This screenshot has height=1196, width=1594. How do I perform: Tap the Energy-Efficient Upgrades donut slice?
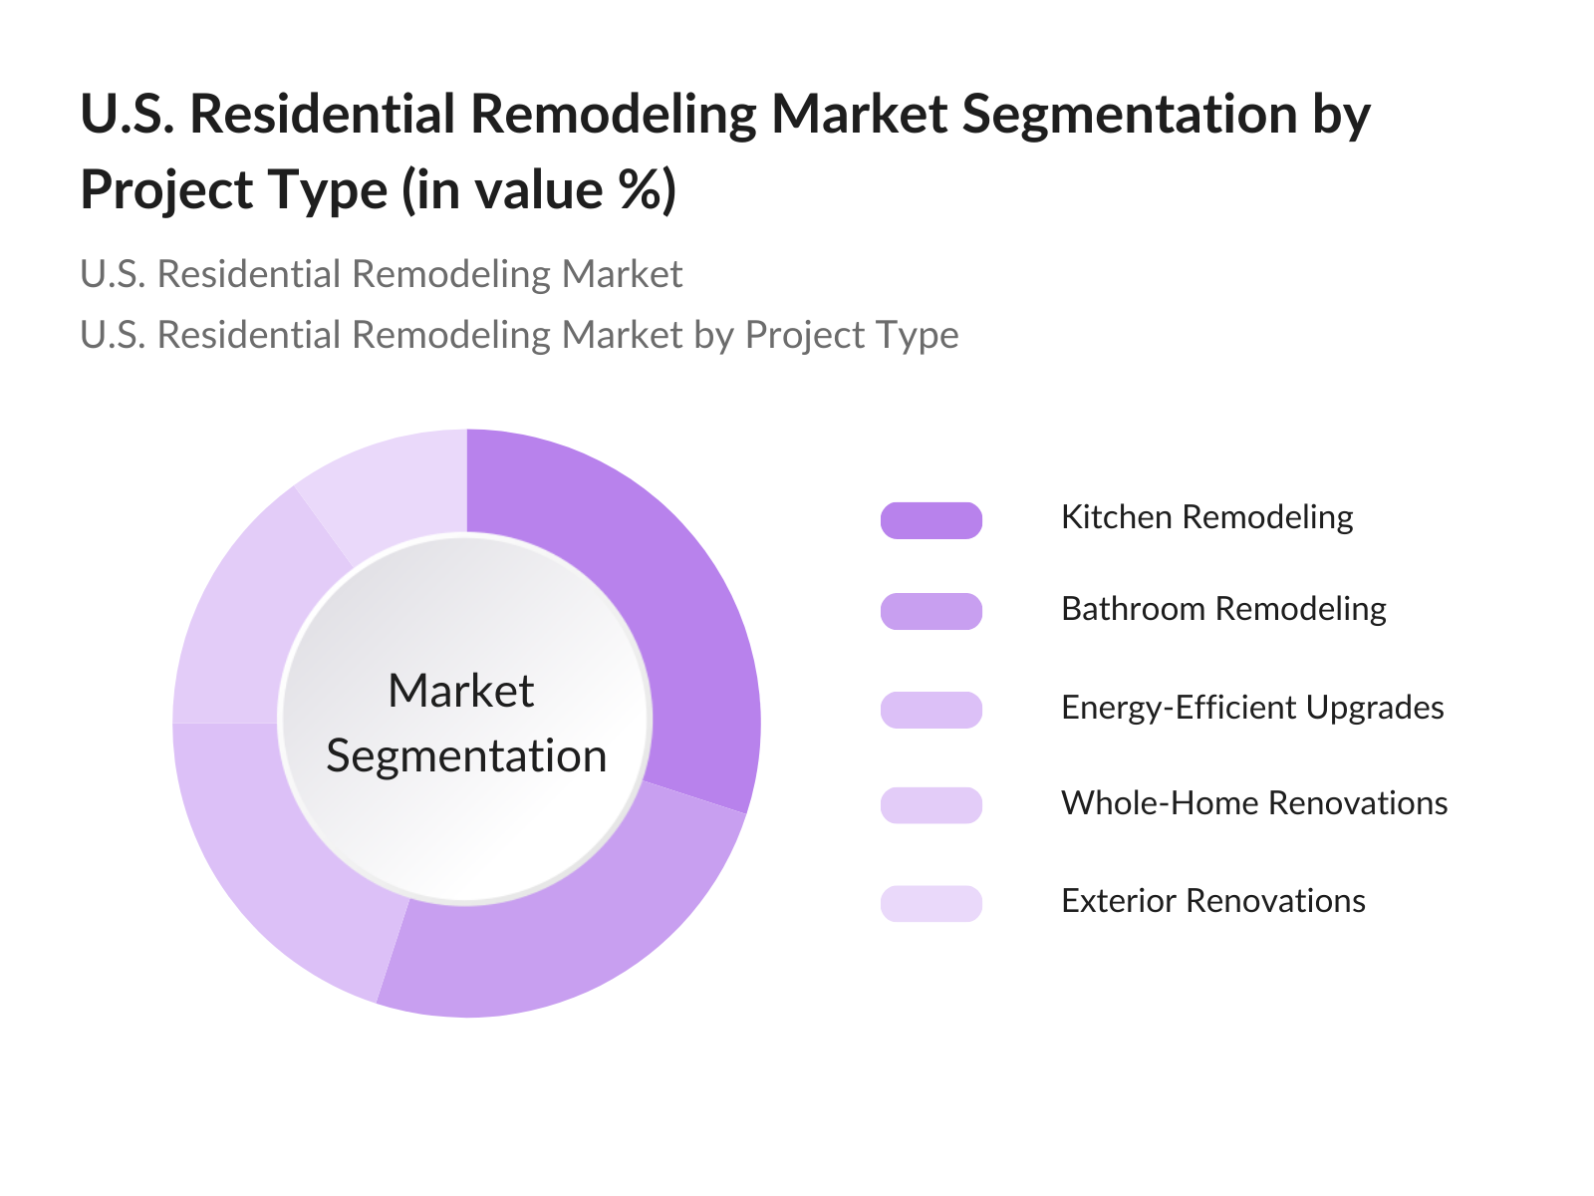[269, 849]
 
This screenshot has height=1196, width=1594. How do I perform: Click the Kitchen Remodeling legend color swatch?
[930, 520]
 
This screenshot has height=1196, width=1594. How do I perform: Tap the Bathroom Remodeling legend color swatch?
[930, 611]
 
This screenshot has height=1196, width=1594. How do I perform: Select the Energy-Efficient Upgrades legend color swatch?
[930, 710]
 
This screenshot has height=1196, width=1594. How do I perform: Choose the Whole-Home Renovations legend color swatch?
[930, 804]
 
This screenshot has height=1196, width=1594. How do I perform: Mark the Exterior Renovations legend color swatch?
[930, 903]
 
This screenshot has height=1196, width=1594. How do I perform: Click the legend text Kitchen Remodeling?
[1206, 518]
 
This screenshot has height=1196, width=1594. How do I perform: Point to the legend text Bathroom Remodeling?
[1223, 610]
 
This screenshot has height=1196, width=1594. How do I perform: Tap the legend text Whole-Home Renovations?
[1254, 803]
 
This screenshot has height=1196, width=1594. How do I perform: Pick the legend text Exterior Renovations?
[1213, 901]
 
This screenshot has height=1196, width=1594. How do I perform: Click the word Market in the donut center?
[461, 690]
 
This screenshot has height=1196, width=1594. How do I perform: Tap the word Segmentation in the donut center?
[466, 756]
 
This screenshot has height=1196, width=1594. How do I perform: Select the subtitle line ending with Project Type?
[519, 336]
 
